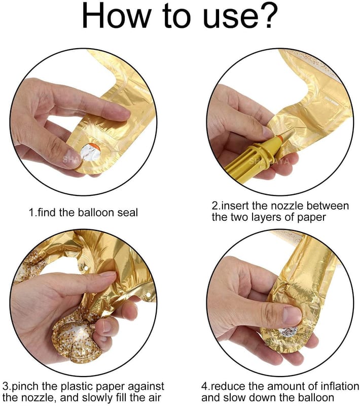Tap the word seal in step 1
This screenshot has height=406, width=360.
click(x=127, y=213)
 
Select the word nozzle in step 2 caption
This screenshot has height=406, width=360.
click(x=288, y=206)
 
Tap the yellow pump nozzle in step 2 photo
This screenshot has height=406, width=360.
click(x=254, y=156)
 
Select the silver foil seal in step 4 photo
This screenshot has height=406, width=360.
click(x=288, y=331)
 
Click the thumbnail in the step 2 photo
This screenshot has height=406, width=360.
click(x=267, y=131)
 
